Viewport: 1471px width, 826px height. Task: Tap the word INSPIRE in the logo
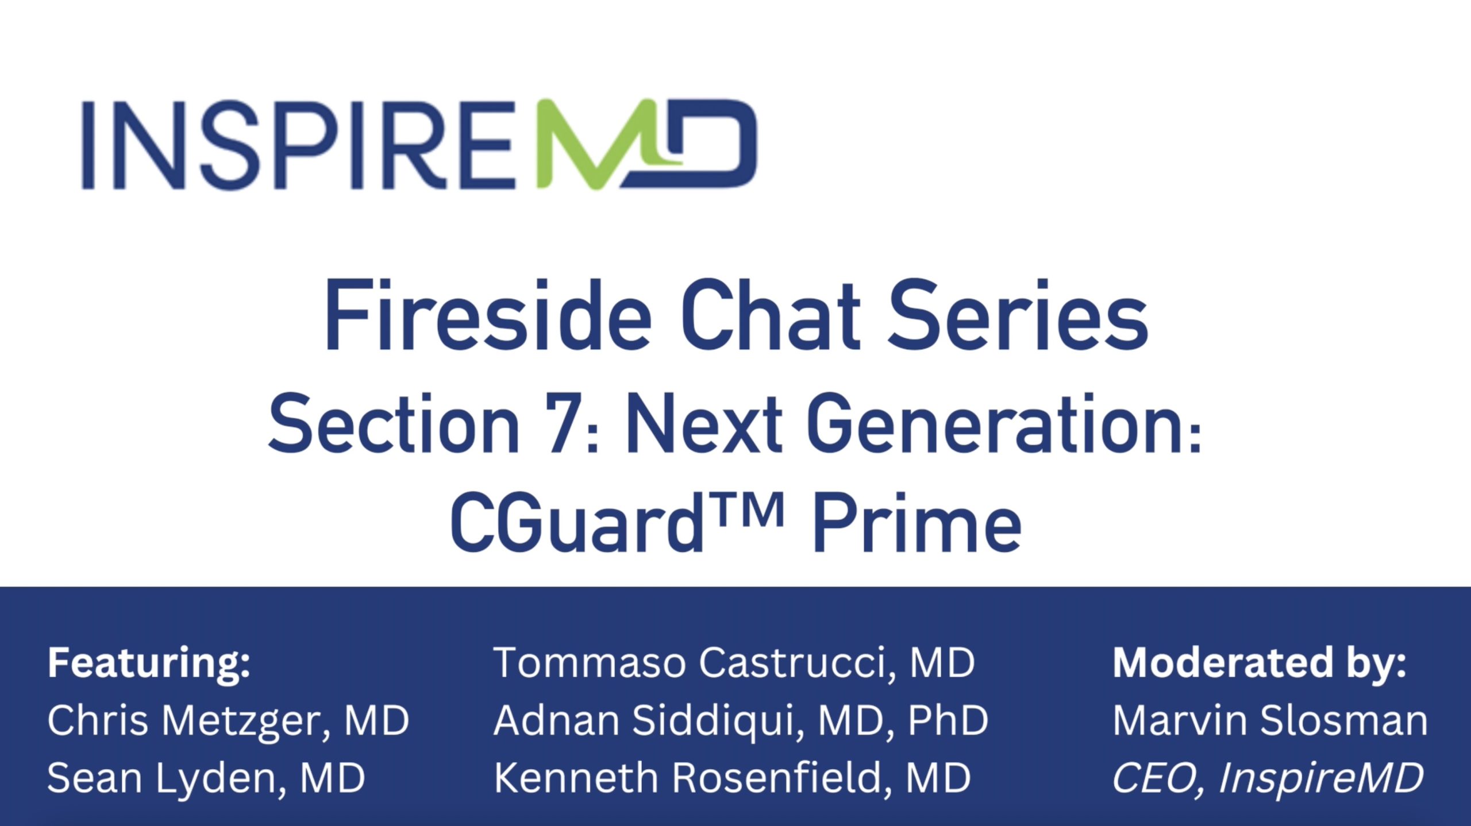(298, 145)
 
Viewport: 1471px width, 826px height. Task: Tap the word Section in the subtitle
(394, 424)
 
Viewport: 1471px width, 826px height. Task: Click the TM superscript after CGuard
(746, 510)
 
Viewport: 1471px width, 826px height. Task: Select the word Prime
(917, 523)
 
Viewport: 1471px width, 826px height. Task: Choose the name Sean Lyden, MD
(206, 779)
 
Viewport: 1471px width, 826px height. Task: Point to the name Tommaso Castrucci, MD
(734, 663)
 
